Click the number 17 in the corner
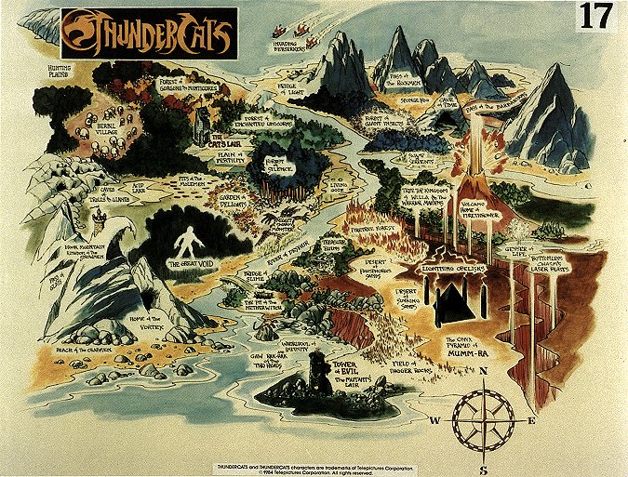click(x=595, y=17)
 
